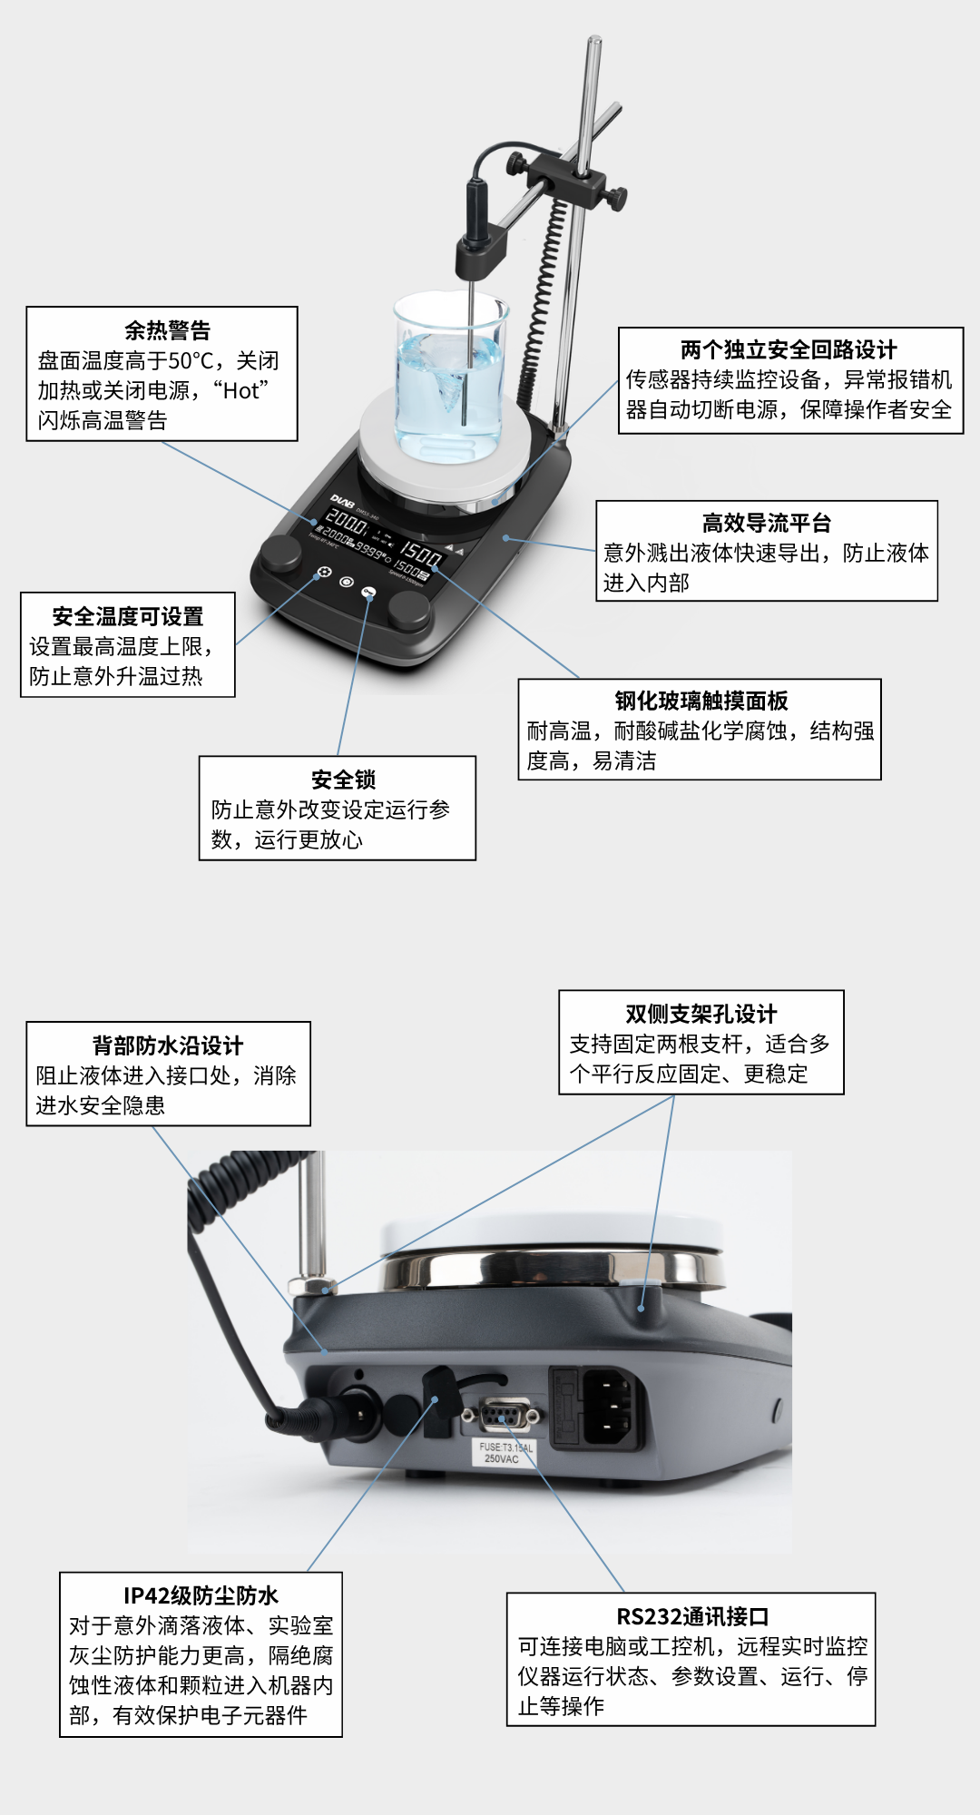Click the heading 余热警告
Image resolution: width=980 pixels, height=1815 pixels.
[167, 330]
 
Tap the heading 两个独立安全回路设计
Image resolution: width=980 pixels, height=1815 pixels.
[789, 350]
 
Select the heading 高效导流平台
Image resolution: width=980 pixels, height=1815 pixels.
[766, 523]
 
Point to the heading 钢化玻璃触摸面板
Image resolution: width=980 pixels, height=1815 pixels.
[701, 701]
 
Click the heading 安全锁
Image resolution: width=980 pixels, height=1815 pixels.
[343, 780]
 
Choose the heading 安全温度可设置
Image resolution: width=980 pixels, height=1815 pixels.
[128, 616]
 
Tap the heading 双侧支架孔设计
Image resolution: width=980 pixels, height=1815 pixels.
[701, 1014]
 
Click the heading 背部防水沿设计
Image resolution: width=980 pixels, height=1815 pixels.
[168, 1045]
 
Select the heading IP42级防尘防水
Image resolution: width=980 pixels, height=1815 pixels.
[201, 1595]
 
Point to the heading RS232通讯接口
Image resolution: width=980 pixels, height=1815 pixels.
[692, 1616]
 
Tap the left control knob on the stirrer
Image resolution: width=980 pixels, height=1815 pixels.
[280, 552]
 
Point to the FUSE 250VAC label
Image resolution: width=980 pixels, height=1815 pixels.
[505, 1453]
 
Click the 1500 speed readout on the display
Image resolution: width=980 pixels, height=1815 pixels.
[421, 553]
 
